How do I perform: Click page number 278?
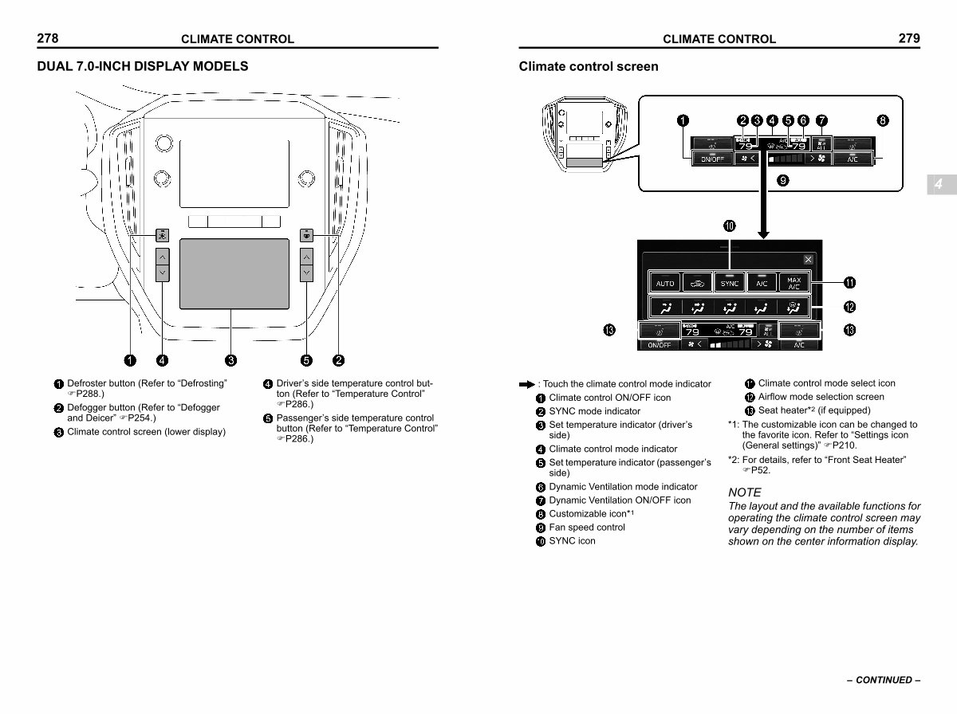pyautogui.click(x=48, y=38)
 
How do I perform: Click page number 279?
pyautogui.click(x=908, y=38)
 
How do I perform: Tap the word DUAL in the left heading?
pyautogui.click(x=54, y=66)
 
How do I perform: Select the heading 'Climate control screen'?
pyautogui.click(x=589, y=66)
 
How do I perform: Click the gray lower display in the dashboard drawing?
pyautogui.click(x=234, y=273)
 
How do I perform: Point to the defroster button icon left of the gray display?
pyautogui.click(x=162, y=235)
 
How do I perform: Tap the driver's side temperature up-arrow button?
pyautogui.click(x=162, y=257)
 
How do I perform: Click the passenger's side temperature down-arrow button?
pyautogui.click(x=306, y=273)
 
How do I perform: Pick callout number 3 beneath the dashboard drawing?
pyautogui.click(x=231, y=360)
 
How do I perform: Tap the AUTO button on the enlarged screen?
pyautogui.click(x=665, y=283)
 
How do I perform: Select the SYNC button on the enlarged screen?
pyautogui.click(x=730, y=283)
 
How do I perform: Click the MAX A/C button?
pyautogui.click(x=794, y=283)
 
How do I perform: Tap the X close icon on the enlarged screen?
pyautogui.click(x=808, y=260)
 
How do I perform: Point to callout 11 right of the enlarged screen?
pyautogui.click(x=850, y=283)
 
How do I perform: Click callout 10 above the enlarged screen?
pyautogui.click(x=730, y=226)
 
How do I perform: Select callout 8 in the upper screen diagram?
pyautogui.click(x=882, y=121)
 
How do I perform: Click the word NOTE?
pyautogui.click(x=745, y=492)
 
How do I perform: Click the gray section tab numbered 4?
pyautogui.click(x=939, y=184)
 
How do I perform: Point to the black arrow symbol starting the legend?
pyautogui.click(x=526, y=384)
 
